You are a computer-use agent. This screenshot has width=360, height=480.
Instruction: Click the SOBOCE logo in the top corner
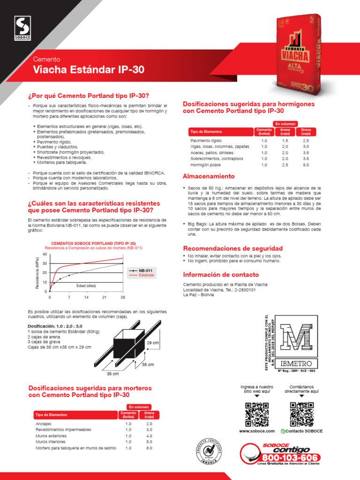(20, 27)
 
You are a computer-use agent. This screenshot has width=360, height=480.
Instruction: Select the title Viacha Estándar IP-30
(89, 70)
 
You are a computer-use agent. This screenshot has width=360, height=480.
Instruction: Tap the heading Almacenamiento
(208, 176)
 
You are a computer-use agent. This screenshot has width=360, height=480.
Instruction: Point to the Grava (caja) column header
(306, 131)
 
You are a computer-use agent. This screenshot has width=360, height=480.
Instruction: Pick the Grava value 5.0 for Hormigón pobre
(306, 165)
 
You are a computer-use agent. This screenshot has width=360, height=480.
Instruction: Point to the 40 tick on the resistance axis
(45, 254)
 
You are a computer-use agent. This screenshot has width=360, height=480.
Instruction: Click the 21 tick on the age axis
(104, 298)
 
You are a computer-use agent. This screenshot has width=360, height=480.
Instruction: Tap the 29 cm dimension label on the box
(153, 343)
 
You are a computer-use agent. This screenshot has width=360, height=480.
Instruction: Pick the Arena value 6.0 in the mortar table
(149, 448)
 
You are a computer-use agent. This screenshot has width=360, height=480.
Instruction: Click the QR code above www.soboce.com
(257, 414)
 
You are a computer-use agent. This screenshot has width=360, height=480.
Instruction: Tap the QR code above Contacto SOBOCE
(301, 414)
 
